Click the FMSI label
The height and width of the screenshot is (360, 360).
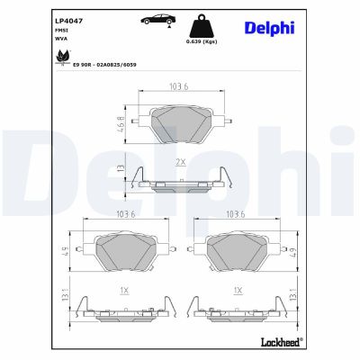point(62,30)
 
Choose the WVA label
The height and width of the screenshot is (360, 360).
point(62,40)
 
